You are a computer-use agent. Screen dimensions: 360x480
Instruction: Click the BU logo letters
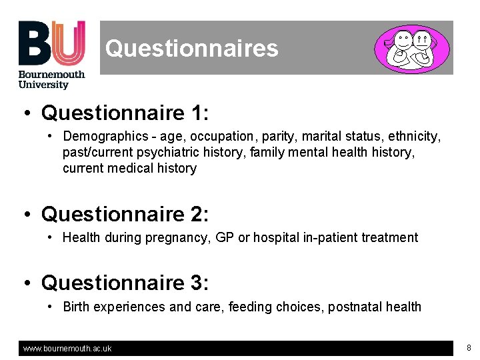point(51,43)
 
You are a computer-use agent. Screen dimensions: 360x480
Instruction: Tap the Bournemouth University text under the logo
point(51,79)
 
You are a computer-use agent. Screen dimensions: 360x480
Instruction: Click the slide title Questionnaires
point(191,48)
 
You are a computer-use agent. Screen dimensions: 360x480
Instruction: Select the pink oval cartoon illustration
point(411,48)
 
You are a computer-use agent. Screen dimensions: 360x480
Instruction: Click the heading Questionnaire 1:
point(125,113)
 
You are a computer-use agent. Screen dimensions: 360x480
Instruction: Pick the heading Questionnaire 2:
point(125,214)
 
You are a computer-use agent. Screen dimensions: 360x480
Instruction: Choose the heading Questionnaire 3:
point(125,283)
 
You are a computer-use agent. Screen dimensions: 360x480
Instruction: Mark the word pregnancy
point(181,237)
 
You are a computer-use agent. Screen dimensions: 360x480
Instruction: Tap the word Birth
point(76,307)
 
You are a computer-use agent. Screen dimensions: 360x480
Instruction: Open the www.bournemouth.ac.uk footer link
point(67,348)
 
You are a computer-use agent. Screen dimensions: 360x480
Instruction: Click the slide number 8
point(469,347)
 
